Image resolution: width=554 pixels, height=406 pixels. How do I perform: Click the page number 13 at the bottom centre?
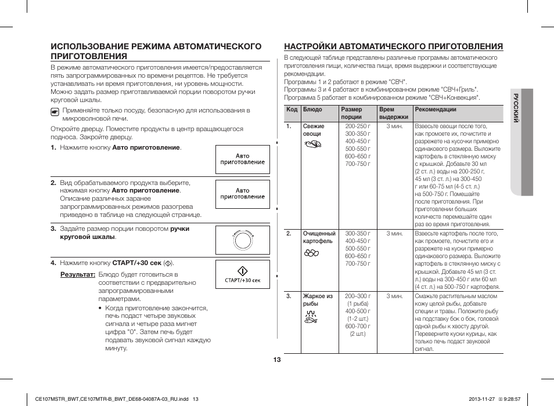coord(277,360)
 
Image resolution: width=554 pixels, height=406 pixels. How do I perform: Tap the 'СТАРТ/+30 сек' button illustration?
coord(243,275)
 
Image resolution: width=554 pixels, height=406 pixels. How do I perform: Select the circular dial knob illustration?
coord(243,240)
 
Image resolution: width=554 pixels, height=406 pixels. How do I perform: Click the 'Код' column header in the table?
coord(292,110)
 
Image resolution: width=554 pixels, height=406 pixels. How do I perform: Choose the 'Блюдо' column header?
coord(312,110)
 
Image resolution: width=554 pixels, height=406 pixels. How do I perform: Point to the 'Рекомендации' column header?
coord(436,110)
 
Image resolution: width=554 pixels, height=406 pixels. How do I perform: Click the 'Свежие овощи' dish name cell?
coord(314,130)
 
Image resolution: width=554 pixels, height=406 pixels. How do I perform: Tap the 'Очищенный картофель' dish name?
coord(319,237)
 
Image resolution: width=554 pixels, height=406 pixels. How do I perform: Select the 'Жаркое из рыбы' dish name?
coord(317,300)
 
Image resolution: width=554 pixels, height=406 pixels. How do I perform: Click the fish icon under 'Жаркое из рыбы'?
coord(311,316)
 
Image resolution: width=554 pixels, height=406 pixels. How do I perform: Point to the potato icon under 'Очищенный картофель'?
coord(312,253)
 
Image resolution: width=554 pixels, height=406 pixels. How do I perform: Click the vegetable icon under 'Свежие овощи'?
coord(312,146)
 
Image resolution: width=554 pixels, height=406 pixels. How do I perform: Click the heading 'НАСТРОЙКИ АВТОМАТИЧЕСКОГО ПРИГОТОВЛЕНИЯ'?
coord(393,46)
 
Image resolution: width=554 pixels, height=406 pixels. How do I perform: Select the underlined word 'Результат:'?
coord(78,274)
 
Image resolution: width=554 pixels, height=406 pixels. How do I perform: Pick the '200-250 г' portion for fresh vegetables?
coord(357,126)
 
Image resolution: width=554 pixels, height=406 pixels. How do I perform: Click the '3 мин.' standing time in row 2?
coord(394,234)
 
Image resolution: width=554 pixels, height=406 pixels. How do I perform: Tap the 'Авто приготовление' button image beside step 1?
coord(243,159)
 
